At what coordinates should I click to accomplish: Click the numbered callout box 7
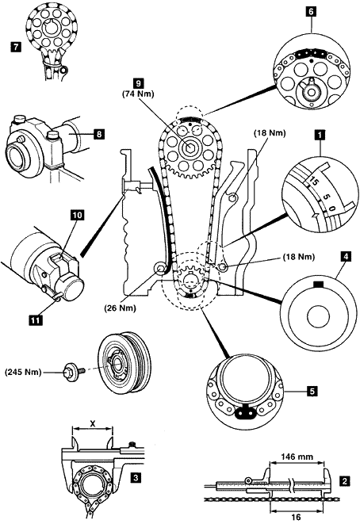(x=15, y=47)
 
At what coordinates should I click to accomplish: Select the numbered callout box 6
(x=311, y=12)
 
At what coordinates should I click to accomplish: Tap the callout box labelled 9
(x=138, y=83)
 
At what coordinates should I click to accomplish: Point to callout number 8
(x=98, y=134)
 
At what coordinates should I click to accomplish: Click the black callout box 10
(x=77, y=215)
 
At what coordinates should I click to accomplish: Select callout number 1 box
(x=320, y=136)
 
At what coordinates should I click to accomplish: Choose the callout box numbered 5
(x=312, y=391)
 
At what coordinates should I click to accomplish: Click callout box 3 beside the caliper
(x=135, y=477)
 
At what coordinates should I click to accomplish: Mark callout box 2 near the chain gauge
(x=345, y=481)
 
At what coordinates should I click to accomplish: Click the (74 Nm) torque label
(x=138, y=94)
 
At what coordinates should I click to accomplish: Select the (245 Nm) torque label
(x=24, y=372)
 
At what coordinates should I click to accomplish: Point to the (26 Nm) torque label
(x=120, y=308)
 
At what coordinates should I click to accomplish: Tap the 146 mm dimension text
(x=297, y=457)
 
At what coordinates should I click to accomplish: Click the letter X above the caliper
(x=93, y=424)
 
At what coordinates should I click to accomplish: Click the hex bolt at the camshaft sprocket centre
(x=190, y=147)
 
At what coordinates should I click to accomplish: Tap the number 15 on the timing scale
(x=313, y=182)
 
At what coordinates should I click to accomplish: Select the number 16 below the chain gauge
(x=296, y=518)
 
